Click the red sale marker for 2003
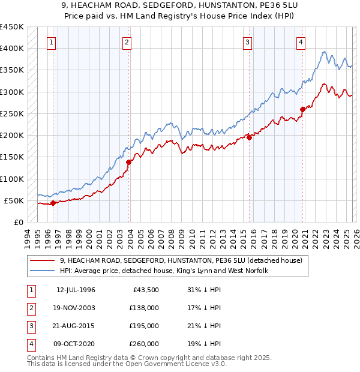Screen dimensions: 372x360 pyautogui.click(x=128, y=162)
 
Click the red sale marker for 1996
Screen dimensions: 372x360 pyautogui.click(x=53, y=203)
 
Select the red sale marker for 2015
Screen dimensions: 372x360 pyautogui.click(x=249, y=137)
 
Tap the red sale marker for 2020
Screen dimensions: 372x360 pyautogui.click(x=302, y=109)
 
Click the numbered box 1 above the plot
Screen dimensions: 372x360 pyautogui.click(x=52, y=42)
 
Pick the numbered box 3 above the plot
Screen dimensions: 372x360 pyautogui.click(x=247, y=42)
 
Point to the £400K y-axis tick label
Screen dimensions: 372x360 pyautogui.click(x=12, y=49)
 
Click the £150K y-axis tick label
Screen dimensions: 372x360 pyautogui.click(x=12, y=157)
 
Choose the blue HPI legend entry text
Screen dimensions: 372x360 pyautogui.click(x=163, y=271)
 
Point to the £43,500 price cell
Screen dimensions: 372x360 pyautogui.click(x=146, y=290)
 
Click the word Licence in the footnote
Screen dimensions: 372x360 pyautogui.click(x=197, y=364)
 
